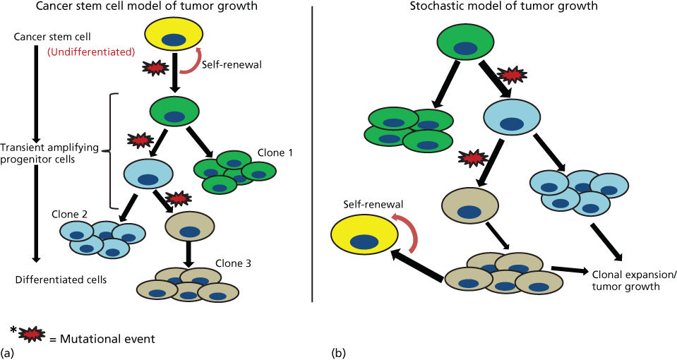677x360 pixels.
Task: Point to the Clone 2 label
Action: click(x=68, y=213)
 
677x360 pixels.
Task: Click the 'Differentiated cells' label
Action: click(x=61, y=280)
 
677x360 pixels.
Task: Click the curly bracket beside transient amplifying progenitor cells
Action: click(x=106, y=150)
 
